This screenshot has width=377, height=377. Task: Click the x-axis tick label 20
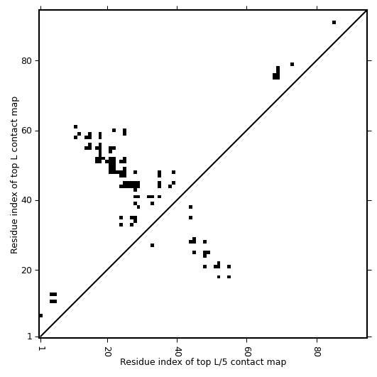tap(107, 351)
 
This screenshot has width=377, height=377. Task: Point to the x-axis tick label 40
tap(177, 351)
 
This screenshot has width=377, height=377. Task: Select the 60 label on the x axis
tap(247, 351)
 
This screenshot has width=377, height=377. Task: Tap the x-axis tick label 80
tap(317, 351)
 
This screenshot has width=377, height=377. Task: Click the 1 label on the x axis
tap(40, 349)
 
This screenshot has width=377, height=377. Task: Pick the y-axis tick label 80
tap(26, 61)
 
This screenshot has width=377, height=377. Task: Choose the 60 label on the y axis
tap(26, 131)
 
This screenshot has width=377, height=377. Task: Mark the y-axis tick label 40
tap(26, 200)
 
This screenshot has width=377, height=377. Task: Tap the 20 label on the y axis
tap(26, 271)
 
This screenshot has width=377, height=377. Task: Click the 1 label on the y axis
tap(30, 337)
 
